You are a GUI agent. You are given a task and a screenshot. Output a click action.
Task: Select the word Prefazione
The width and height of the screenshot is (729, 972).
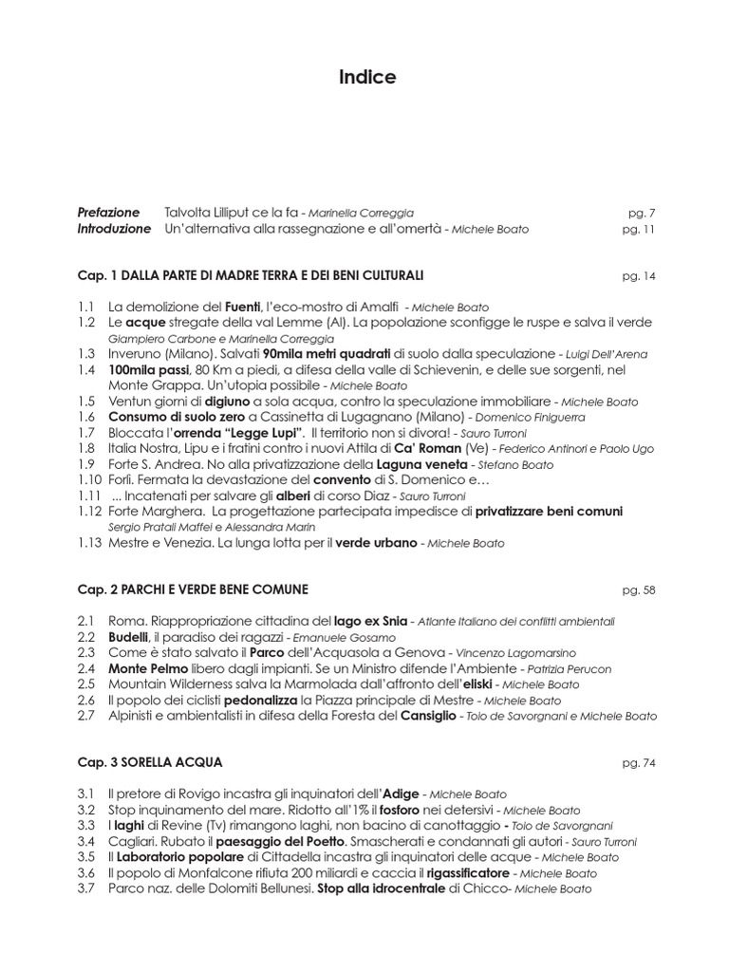pyautogui.click(x=108, y=213)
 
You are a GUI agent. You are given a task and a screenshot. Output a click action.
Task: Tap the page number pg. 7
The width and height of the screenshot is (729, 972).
pyautogui.click(x=642, y=214)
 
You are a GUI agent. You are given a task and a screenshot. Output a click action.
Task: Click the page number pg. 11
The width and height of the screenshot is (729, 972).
pyautogui.click(x=639, y=230)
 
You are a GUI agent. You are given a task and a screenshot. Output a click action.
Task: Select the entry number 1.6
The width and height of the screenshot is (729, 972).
pyautogui.click(x=87, y=417)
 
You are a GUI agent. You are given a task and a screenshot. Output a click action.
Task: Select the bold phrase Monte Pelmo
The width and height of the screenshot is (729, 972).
pyautogui.click(x=145, y=668)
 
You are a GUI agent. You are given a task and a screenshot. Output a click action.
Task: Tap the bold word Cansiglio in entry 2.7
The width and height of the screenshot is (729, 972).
pyautogui.click(x=426, y=716)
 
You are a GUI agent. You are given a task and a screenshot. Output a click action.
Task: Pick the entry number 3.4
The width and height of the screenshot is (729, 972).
pyautogui.click(x=87, y=841)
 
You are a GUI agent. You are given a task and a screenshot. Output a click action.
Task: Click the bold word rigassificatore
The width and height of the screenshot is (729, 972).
pyautogui.click(x=467, y=872)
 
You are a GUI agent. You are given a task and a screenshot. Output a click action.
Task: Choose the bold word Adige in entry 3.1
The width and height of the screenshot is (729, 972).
pyautogui.click(x=399, y=794)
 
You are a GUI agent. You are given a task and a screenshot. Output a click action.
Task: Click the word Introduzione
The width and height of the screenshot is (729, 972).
pyautogui.click(x=115, y=229)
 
